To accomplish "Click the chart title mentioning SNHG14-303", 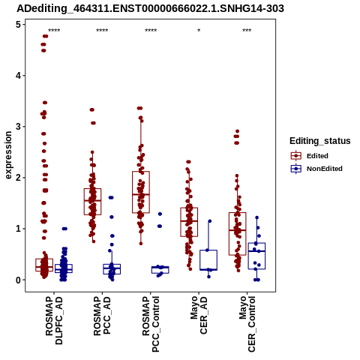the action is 150,8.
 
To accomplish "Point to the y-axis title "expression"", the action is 8,155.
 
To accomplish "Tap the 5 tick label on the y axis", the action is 19,25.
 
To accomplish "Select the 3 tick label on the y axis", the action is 19,127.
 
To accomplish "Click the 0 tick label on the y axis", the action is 19,280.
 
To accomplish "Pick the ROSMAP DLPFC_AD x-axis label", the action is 54,320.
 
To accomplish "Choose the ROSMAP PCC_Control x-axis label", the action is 151,324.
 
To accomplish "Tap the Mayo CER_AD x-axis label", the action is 199,315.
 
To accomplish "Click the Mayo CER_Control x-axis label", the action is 247,324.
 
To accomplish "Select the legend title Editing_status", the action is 319,141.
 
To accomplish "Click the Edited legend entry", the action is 309,156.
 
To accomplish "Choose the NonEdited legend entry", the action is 316,169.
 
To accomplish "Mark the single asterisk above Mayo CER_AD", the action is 199,31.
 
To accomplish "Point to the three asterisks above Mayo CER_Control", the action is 247,31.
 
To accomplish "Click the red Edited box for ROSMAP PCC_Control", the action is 141,192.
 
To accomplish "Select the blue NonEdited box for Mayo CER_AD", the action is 208,260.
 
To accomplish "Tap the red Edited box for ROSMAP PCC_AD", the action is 92,202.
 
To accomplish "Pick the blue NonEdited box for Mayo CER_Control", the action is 256,256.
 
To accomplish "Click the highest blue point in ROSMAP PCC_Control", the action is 160,214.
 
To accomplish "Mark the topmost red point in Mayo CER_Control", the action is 238,131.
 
